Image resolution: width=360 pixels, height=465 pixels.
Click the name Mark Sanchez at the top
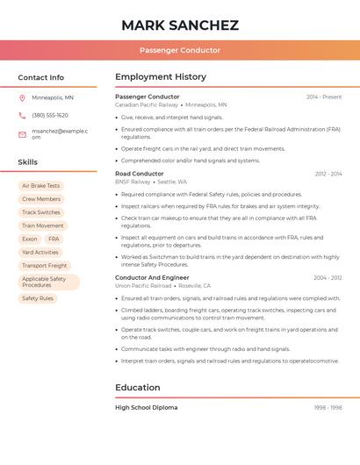coord(180,25)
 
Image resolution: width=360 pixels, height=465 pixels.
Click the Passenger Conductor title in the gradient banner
coord(180,51)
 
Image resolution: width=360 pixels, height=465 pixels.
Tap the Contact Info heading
coord(41,77)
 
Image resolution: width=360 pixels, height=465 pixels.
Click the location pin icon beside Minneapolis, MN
coord(22,98)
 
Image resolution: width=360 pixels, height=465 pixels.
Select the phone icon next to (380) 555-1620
coord(22,116)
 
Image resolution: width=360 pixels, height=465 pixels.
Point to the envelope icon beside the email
coord(22,134)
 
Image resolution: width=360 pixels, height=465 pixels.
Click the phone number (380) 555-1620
coord(50,116)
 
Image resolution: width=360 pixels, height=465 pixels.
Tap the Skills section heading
coord(28,162)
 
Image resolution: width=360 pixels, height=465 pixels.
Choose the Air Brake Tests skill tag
coord(40,186)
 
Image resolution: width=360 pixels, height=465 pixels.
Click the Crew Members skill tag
coord(41,199)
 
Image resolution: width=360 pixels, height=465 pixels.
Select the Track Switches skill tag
coord(41,212)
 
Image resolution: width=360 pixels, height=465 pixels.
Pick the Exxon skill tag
coord(30,239)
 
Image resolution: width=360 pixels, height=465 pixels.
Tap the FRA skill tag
coord(54,239)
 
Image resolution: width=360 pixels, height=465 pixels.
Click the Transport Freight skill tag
coord(45,265)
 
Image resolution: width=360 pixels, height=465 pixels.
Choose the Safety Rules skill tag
coord(38,298)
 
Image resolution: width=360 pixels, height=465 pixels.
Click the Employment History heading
coord(161,77)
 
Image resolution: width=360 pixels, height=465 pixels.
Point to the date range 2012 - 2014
coord(328,174)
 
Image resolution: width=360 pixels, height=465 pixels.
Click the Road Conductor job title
coord(139,174)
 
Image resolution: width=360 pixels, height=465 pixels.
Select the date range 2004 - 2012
coord(328,278)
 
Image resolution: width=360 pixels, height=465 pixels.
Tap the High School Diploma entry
coord(146,407)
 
